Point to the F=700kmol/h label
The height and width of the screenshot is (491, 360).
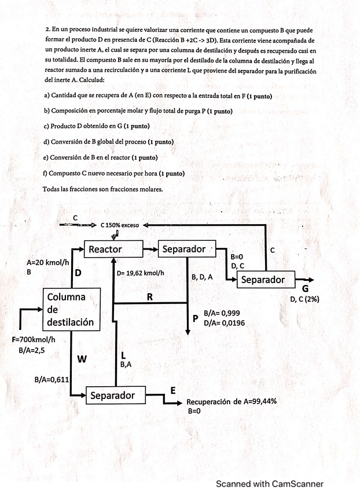click(x=34, y=339)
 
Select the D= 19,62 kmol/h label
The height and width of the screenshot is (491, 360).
click(x=141, y=273)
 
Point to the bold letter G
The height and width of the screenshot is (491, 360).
click(x=305, y=289)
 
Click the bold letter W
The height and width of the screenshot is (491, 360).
click(x=82, y=359)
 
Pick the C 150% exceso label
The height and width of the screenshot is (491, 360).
click(x=119, y=225)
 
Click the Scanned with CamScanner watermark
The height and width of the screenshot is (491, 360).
click(x=269, y=484)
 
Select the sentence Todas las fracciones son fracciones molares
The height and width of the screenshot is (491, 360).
click(x=102, y=189)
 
